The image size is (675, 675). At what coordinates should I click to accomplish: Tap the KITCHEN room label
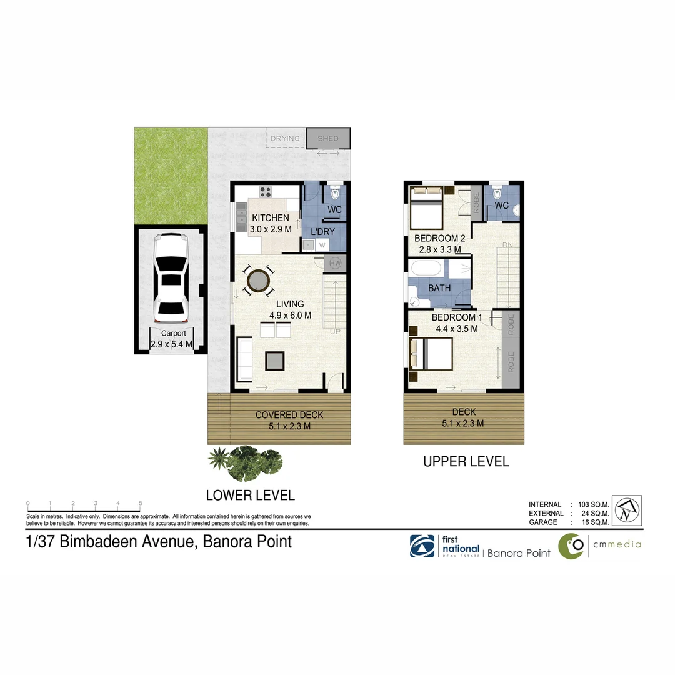(270, 218)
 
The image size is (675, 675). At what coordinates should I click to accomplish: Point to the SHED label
(328, 138)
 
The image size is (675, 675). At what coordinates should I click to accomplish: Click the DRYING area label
(285, 138)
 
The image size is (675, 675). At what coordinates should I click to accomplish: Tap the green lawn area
(171, 176)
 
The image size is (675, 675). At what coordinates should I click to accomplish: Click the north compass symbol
(626, 511)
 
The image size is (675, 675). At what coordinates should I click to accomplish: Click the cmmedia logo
(599, 546)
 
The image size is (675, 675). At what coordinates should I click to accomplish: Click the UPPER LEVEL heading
(466, 462)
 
